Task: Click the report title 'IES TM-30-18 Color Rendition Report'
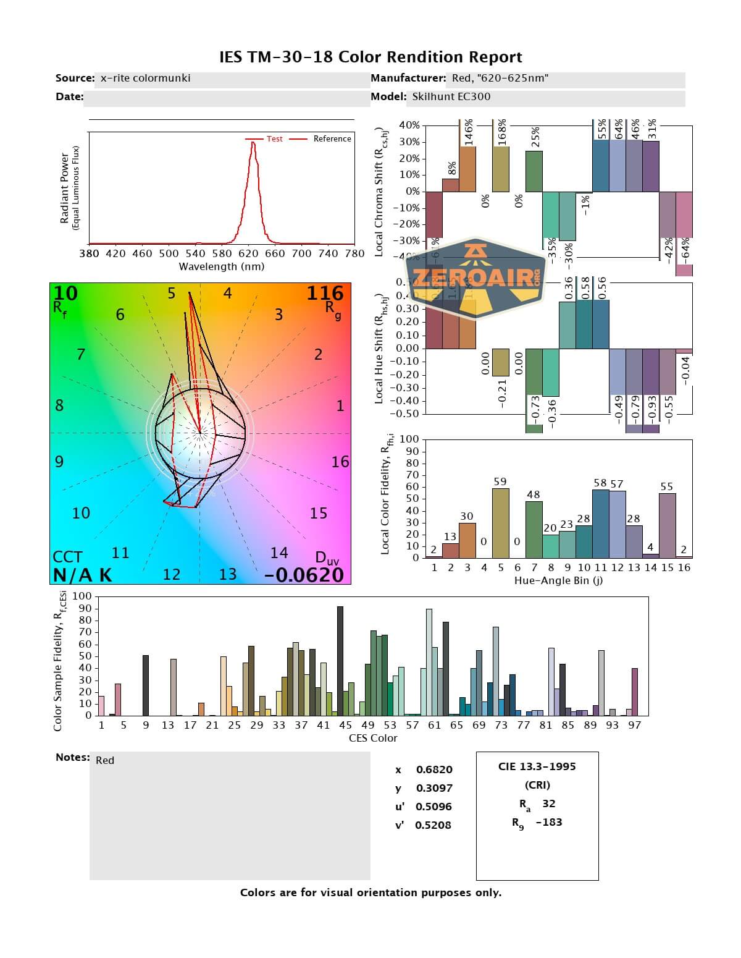(x=371, y=57)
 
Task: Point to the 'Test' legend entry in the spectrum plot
(x=274, y=139)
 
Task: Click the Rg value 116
(x=325, y=293)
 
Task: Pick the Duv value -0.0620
(x=304, y=575)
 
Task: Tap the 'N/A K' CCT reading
(x=82, y=575)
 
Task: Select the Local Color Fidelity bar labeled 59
(x=500, y=523)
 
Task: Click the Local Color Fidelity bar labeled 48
(x=534, y=529)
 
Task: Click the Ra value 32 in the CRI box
(x=548, y=803)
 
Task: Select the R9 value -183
(x=549, y=822)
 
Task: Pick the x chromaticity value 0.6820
(x=433, y=769)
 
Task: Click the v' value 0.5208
(x=433, y=825)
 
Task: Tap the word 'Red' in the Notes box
(x=105, y=760)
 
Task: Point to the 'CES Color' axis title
(x=373, y=738)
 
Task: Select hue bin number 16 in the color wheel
(x=340, y=462)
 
